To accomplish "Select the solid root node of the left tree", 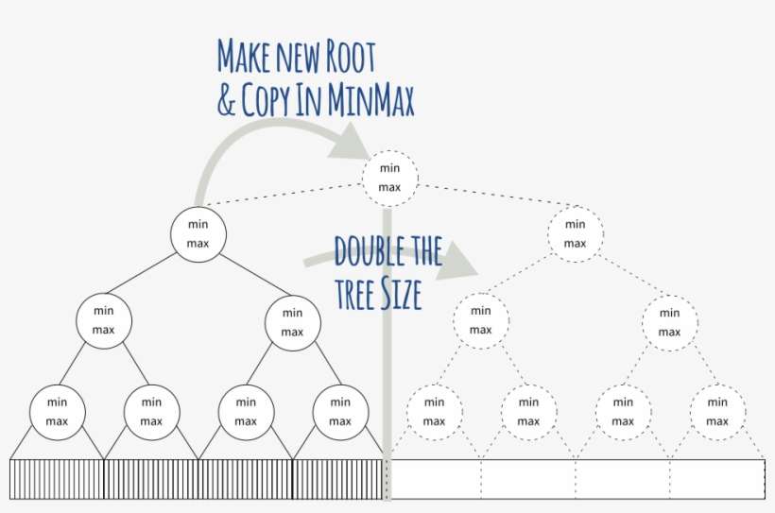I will pyautogui.click(x=198, y=233).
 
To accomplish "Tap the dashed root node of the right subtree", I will pyautogui.click(x=575, y=233).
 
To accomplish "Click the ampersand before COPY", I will pyautogui.click(x=226, y=101).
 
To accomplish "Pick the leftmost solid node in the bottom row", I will pyautogui.click(x=57, y=411).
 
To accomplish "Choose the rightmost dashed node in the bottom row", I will pyautogui.click(x=716, y=411).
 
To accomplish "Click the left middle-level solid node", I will pyautogui.click(x=104, y=321).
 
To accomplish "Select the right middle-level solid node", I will pyautogui.click(x=292, y=321).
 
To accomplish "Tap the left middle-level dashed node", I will pyautogui.click(x=480, y=321).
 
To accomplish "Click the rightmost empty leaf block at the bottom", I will pyautogui.click(x=716, y=479).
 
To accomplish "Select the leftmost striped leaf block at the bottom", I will pyautogui.click(x=57, y=479).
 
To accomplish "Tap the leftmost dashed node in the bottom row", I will pyautogui.click(x=434, y=411).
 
